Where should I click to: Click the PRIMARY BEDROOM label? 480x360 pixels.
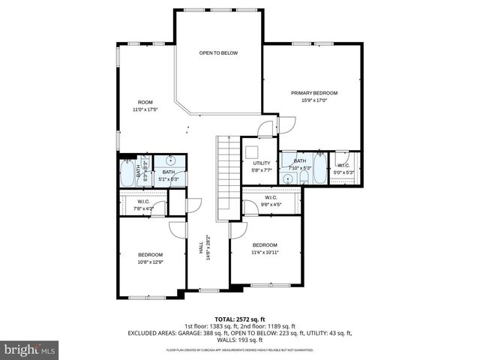(x=314, y=93)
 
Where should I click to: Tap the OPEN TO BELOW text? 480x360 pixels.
(x=218, y=53)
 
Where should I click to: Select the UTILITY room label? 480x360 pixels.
(x=261, y=163)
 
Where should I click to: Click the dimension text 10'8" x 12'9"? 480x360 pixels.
(x=150, y=262)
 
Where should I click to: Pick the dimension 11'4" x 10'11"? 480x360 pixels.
(x=265, y=253)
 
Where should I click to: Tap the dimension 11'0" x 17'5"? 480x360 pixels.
(x=145, y=109)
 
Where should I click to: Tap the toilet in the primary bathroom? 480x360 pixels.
(x=289, y=158)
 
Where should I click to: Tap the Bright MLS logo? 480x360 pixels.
(x=30, y=349)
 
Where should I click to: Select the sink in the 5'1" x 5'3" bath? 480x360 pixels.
(x=171, y=160)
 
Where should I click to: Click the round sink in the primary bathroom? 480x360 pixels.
(x=288, y=178)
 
